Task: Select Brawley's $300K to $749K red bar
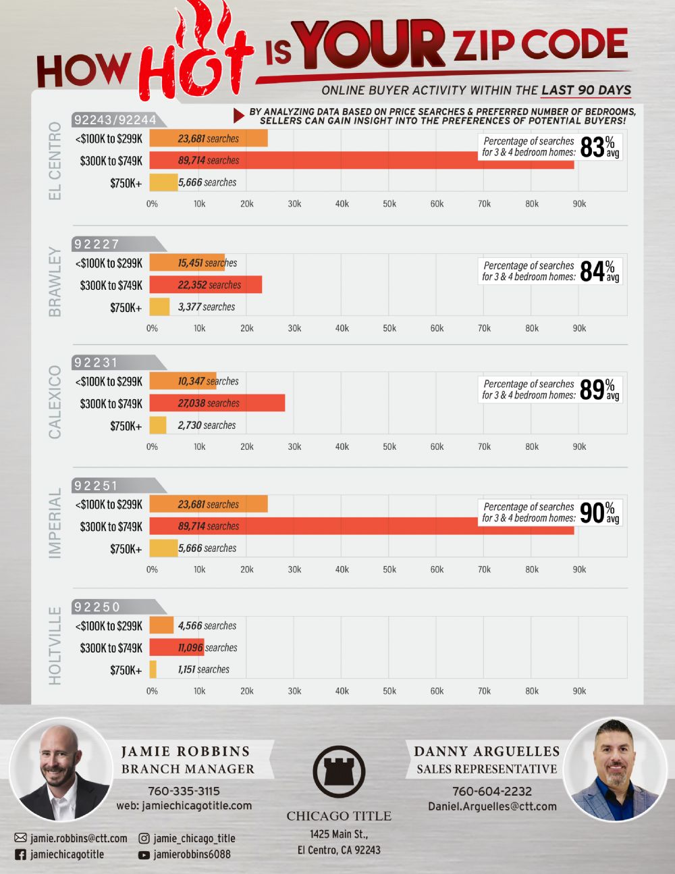(206, 285)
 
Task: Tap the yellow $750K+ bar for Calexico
(158, 425)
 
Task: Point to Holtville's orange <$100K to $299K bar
(161, 625)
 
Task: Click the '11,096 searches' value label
(207, 647)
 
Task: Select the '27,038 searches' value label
(209, 403)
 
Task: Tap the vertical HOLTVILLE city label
(55, 646)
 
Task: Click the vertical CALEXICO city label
(55, 402)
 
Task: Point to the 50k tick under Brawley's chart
(389, 328)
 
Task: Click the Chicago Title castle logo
(339, 771)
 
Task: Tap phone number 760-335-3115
(184, 791)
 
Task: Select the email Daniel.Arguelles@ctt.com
(492, 806)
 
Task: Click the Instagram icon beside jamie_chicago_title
(144, 838)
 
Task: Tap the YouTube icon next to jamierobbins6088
(144, 855)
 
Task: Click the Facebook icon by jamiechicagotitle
(20, 854)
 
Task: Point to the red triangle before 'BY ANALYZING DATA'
(239, 116)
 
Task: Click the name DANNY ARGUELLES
(487, 751)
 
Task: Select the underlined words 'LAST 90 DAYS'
(586, 90)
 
